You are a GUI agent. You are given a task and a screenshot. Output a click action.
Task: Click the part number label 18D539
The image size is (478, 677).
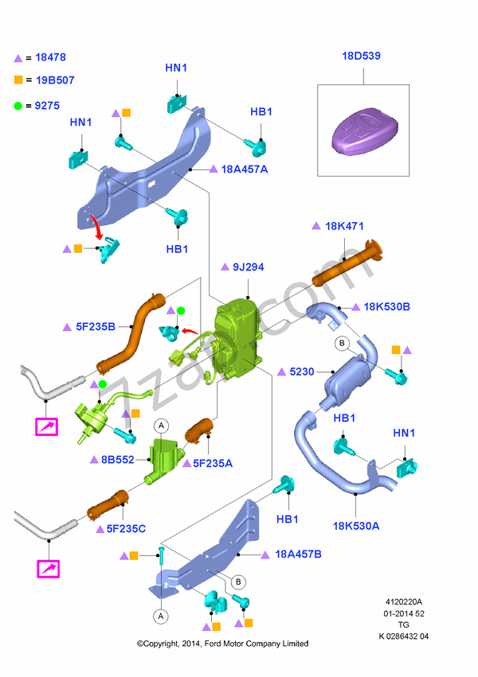pos(361,56)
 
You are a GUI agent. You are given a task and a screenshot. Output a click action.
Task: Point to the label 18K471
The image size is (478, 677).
pos(344,226)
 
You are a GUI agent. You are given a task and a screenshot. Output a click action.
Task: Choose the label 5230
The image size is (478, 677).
pos(302,372)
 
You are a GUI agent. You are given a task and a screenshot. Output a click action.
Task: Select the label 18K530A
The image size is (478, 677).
pos(356,525)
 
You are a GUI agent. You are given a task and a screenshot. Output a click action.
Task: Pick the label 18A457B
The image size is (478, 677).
pos(298,554)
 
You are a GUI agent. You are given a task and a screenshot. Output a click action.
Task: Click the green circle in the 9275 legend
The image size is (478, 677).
pos(18,105)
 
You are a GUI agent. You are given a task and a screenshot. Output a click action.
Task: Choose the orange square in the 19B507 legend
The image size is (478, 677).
pos(18,80)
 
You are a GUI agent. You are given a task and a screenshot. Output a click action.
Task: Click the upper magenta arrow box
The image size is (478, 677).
pos(47,426)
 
